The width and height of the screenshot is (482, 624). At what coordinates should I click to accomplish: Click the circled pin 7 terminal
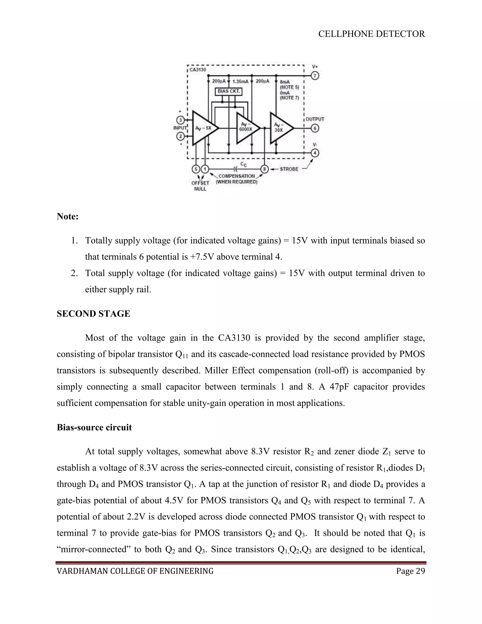pyautogui.click(x=315, y=76)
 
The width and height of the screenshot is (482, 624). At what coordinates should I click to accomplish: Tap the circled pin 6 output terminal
pyautogui.click(x=315, y=128)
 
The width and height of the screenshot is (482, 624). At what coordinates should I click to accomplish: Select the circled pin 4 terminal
pyautogui.click(x=315, y=153)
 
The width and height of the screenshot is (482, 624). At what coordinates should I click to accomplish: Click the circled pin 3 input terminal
pyautogui.click(x=181, y=120)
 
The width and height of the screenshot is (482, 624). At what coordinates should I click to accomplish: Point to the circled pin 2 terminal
pyautogui.click(x=181, y=136)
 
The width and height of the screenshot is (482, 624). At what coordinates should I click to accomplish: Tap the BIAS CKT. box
pyautogui.click(x=229, y=91)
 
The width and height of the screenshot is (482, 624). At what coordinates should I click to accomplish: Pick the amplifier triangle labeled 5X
pyautogui.click(x=204, y=128)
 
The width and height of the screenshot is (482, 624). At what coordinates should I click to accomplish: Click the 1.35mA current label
pyautogui.click(x=241, y=81)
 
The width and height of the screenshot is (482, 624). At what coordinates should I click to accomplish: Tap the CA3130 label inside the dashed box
pyautogui.click(x=198, y=70)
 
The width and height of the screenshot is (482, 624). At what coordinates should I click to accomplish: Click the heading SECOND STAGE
pyautogui.click(x=93, y=314)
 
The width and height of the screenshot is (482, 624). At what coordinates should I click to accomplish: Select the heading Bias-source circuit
pyautogui.click(x=94, y=427)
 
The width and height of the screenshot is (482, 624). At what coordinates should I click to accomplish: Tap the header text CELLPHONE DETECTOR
pyautogui.click(x=371, y=34)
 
